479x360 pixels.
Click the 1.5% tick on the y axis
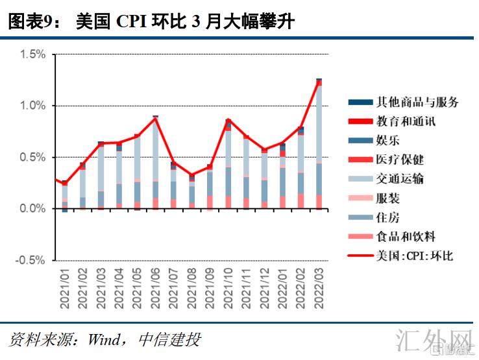point(32,54)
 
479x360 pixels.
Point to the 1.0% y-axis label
point(32,106)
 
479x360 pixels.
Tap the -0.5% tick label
point(31,260)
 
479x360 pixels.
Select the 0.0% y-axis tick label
point(32,209)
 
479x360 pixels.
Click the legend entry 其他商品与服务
point(417,102)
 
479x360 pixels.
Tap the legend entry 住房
point(387,217)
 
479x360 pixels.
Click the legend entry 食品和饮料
point(406,236)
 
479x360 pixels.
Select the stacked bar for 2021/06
point(156,162)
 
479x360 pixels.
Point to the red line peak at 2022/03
point(319,80)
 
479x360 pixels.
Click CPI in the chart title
point(131,22)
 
